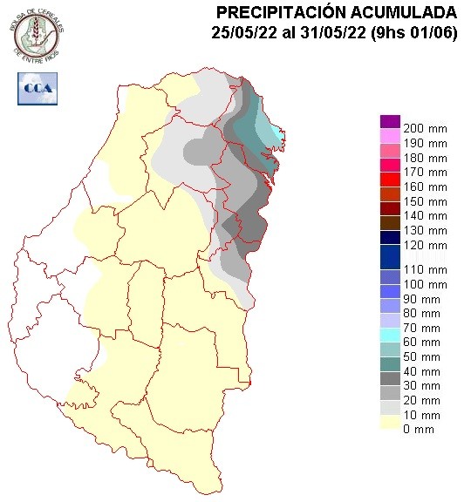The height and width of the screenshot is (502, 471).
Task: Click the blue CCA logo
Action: tap(38, 88)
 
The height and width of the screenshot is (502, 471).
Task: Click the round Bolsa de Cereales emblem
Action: tap(37, 34)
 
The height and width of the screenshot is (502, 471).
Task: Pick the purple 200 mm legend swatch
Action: tap(389, 121)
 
